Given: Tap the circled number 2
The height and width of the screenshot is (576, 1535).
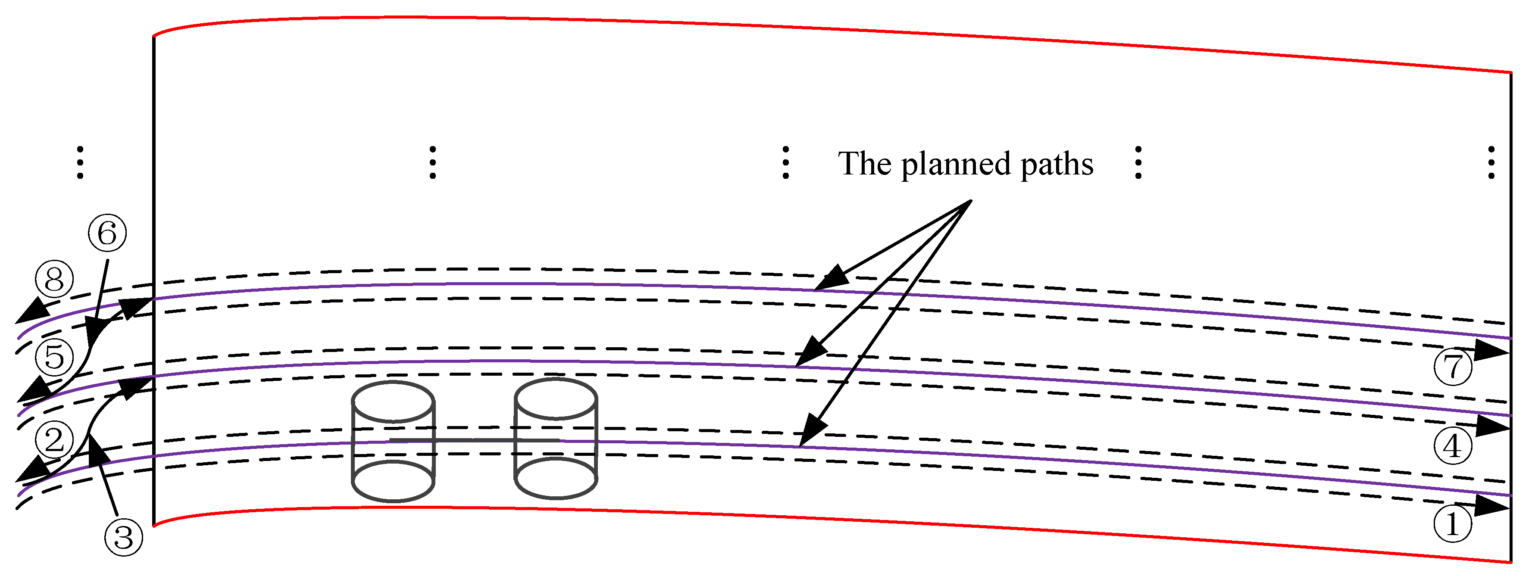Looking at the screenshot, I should tap(54, 440).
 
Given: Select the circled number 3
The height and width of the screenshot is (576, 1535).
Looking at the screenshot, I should tap(123, 537).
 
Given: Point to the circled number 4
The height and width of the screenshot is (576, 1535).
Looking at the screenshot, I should tap(1453, 445).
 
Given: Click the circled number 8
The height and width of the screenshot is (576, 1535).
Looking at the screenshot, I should tap(54, 279).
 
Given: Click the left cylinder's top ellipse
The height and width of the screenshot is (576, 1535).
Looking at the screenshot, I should tap(393, 402).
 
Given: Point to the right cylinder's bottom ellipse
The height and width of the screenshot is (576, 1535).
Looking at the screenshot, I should tap(555, 478).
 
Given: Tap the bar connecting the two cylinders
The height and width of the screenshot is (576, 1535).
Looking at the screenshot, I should tap(474, 439).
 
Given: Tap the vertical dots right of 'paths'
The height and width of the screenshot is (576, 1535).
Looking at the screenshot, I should tap(1138, 162).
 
